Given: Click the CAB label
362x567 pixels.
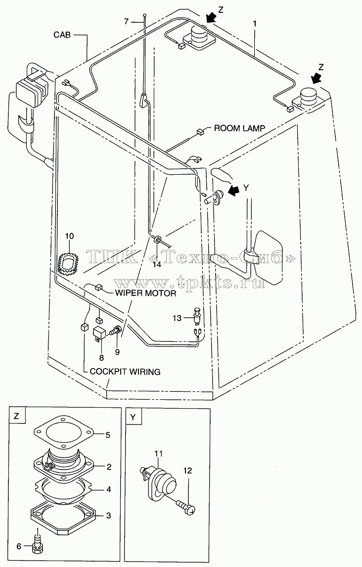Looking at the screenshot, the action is [62, 35].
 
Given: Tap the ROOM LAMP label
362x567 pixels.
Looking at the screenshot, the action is [239, 128].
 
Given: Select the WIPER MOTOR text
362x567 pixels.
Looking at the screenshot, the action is [145, 293].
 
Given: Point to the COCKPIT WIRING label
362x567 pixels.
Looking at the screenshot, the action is [125, 372].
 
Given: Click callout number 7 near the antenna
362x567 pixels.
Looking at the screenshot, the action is [126, 22].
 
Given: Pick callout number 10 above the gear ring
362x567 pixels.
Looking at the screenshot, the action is [69, 236].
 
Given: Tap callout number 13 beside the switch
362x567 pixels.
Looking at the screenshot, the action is [177, 318].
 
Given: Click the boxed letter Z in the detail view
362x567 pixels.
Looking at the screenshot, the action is [17, 416].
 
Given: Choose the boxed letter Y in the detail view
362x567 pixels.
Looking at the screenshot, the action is [134, 417].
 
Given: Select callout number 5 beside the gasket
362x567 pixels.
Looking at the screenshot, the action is [108, 435].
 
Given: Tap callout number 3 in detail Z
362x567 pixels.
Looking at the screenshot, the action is [108, 516].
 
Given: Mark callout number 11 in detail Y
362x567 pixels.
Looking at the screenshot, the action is [159, 454].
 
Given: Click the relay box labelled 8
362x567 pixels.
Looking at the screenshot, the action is [100, 333].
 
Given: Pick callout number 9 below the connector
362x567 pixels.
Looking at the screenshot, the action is [117, 351].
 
